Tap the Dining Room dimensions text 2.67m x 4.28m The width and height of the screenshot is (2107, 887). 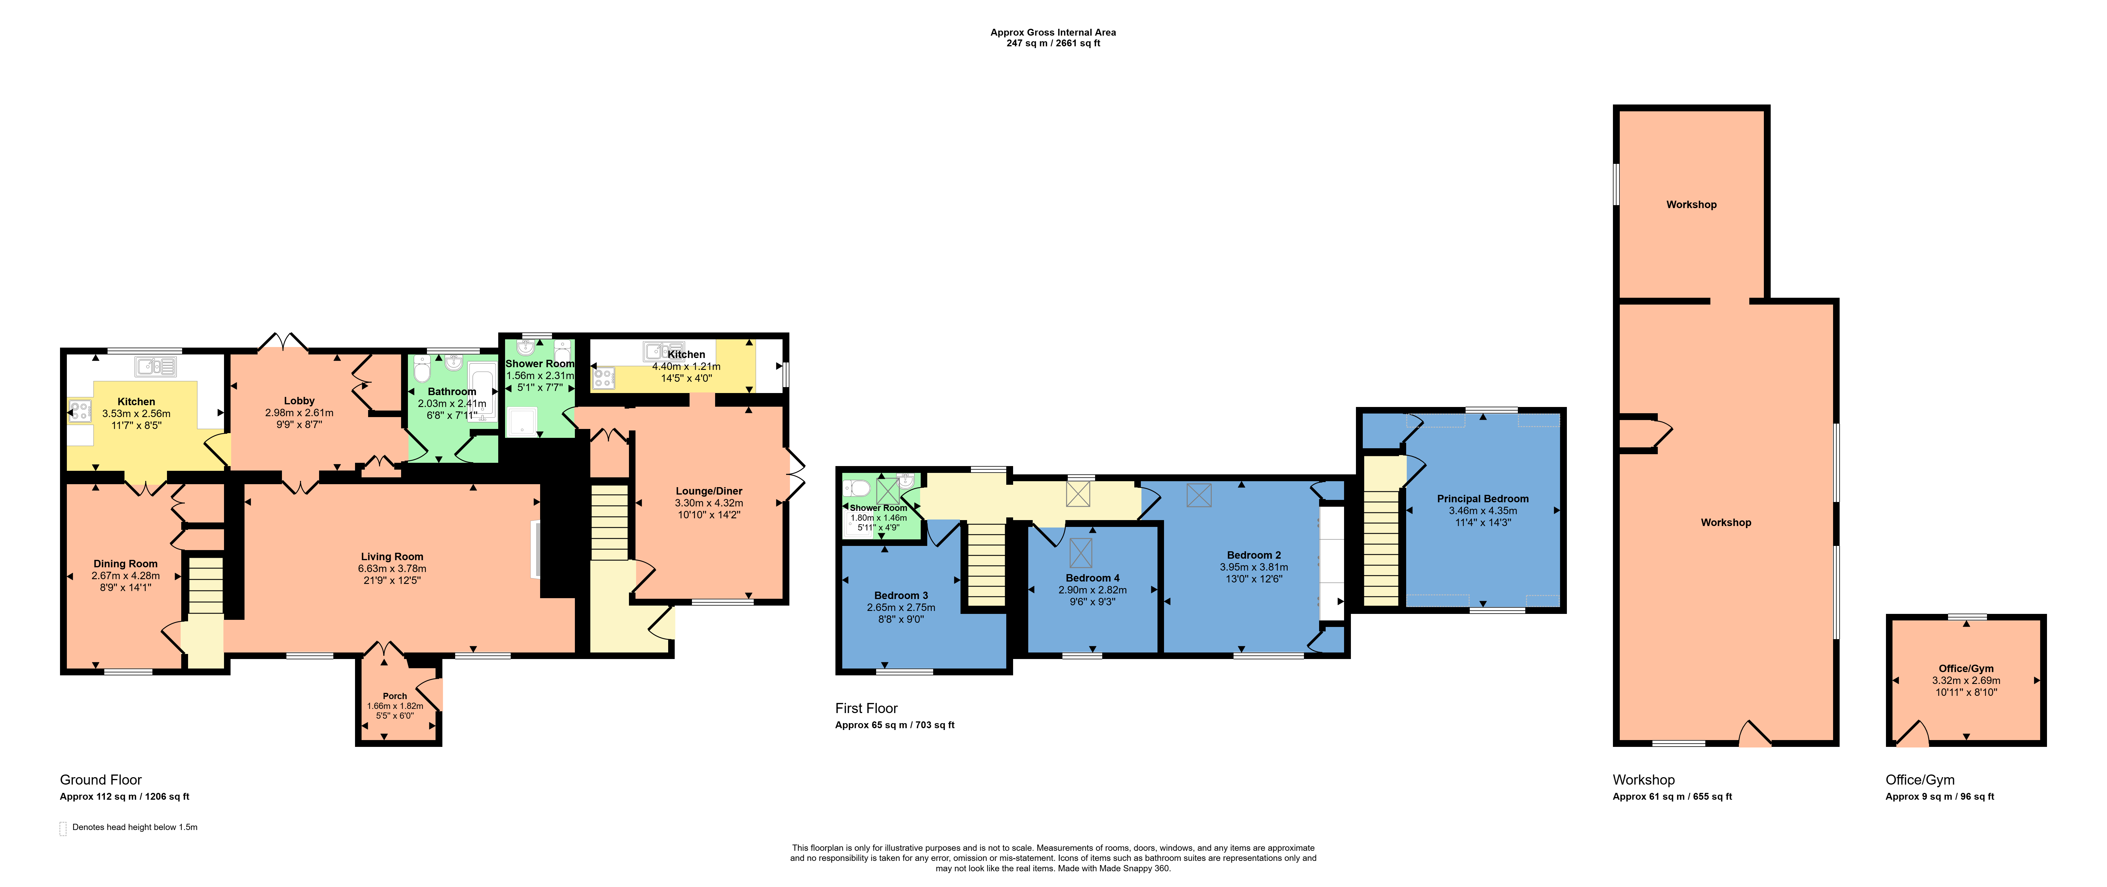coord(125,576)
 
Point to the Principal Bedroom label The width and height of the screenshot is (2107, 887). coord(1483,499)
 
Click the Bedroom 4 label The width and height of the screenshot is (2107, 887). coord(1093,578)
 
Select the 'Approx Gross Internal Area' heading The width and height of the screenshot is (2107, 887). coord(1053,33)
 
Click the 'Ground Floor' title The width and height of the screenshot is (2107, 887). coord(101,780)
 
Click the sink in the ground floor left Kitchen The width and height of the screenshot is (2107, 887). coord(155,366)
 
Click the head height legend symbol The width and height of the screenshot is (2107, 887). coord(63,829)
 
